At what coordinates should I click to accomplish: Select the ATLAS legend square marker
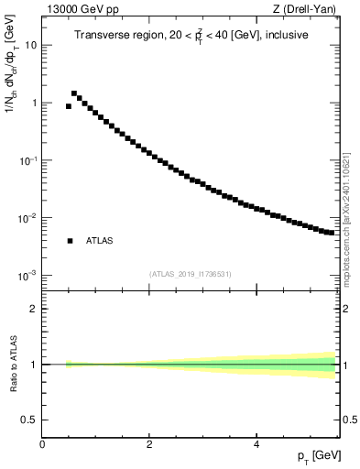pyautogui.click(x=70, y=241)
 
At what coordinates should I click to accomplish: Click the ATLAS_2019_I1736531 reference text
pyautogui.click(x=190, y=274)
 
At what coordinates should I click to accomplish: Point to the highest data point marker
pyautogui.click(x=74, y=93)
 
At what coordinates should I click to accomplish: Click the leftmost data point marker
pyautogui.click(x=69, y=106)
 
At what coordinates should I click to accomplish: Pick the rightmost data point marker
pyautogui.click(x=332, y=233)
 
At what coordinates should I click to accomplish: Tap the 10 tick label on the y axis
pyautogui.click(x=31, y=45)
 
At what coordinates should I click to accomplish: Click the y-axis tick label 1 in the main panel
pyautogui.click(x=34, y=103)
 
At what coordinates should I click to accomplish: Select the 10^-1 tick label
pyautogui.click(x=28, y=160)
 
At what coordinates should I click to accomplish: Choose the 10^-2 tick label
pyautogui.click(x=28, y=218)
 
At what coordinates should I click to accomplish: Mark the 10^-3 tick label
pyautogui.click(x=28, y=276)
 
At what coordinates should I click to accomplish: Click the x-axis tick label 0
pyautogui.click(x=42, y=444)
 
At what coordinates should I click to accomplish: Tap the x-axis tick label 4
pyautogui.click(x=256, y=444)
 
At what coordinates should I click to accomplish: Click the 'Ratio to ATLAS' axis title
pyautogui.click(x=12, y=365)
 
